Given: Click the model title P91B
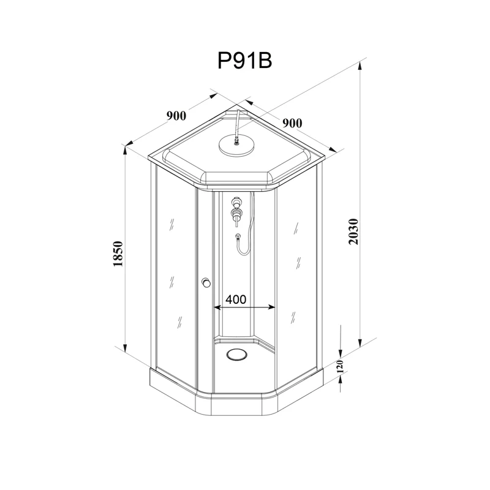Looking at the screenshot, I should pos(244,61).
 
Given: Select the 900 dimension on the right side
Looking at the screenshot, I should pos(292,123).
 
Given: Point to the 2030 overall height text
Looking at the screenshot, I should pos(353,232).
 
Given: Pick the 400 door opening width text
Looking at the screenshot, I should pos(236,300).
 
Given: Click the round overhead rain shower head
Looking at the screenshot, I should pos(235,146).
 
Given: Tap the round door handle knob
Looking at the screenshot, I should pos(206,282).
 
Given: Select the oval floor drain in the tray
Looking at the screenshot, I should pos(235,354).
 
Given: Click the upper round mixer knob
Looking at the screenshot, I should pos(236,201).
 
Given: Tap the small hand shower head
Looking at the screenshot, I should pos(236,235).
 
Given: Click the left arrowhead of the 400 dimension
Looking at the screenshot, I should pos(216,306).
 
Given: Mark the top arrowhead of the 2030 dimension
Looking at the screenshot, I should pos(361,62).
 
